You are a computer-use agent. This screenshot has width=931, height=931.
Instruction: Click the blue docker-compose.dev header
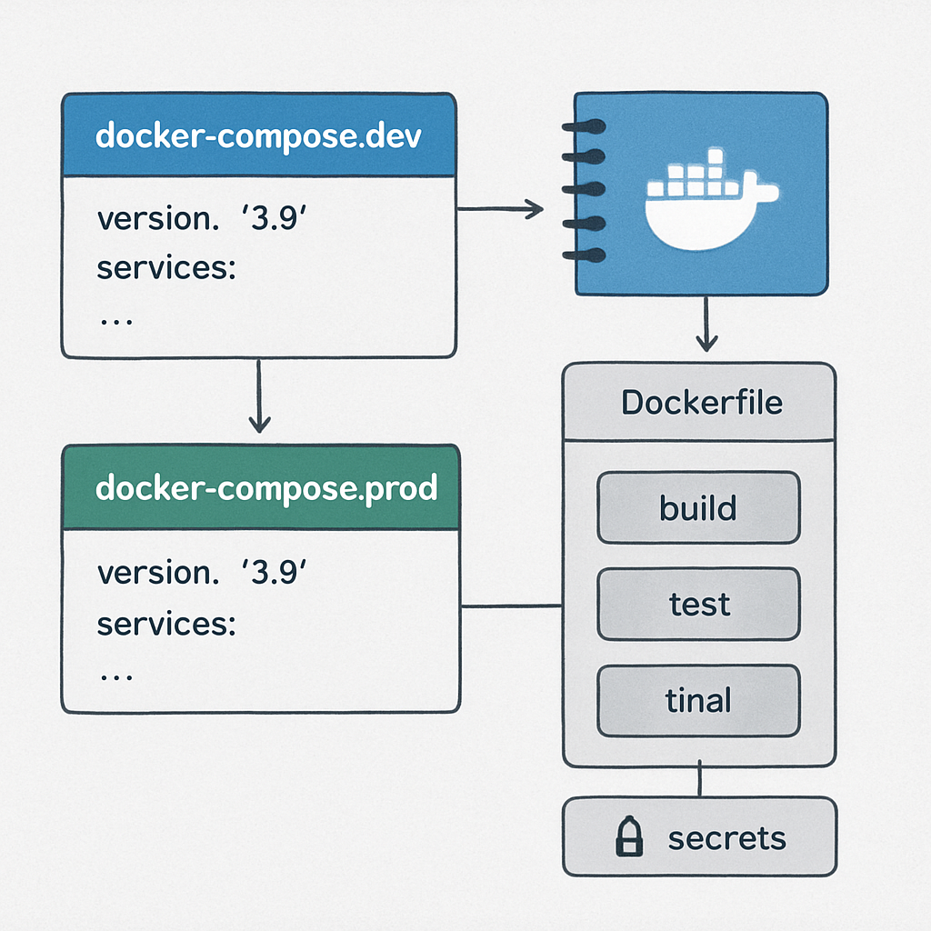258,135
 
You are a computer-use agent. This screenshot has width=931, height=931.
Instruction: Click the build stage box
698,507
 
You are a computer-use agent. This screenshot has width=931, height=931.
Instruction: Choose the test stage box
698,604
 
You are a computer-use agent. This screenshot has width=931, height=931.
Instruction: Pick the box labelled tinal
698,700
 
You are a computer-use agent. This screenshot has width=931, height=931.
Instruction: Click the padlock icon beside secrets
629,837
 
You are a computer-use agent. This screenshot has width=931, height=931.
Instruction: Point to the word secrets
726,837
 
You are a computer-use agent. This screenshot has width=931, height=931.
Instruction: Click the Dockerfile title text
701,402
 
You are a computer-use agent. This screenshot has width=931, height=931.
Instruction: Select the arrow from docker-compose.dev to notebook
500,210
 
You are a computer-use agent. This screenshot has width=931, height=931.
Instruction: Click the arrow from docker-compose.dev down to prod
259,395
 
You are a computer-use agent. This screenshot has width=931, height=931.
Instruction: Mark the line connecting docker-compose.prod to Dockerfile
512,606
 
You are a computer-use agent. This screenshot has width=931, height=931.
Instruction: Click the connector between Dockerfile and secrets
699,781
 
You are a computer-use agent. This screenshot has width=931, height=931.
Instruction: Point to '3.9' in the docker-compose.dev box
274,220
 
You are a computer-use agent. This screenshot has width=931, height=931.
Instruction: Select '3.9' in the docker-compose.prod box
274,573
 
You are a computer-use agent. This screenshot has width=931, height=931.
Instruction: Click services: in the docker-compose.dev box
166,270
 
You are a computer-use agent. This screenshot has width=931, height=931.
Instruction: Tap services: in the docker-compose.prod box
166,624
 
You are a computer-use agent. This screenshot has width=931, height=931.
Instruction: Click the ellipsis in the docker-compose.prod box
115,676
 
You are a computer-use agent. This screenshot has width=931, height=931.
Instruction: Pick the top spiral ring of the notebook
582,127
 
